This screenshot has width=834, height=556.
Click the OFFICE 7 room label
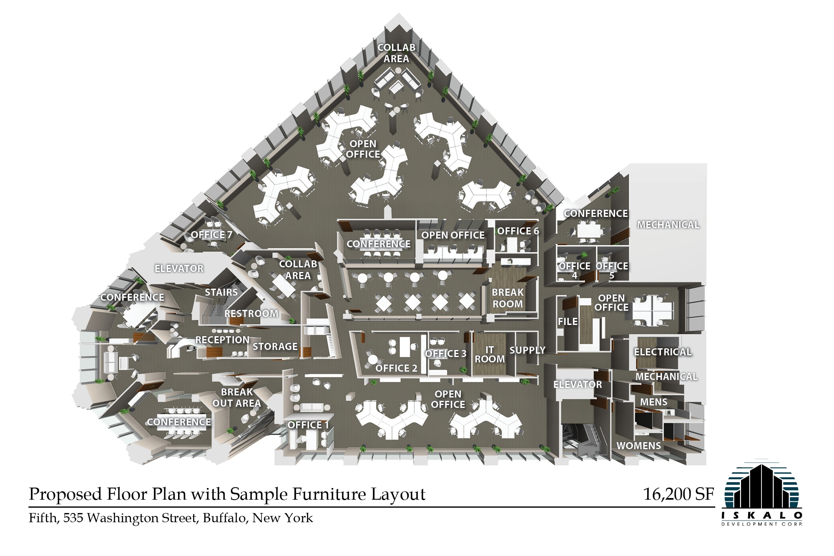pyautogui.click(x=211, y=235)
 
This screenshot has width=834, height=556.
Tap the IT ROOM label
pyautogui.click(x=490, y=355)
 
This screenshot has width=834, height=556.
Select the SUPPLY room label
pyautogui.click(x=527, y=350)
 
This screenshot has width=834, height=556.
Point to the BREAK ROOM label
pyautogui.click(x=507, y=298)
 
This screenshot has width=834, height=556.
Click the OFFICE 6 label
pyautogui.click(x=518, y=231)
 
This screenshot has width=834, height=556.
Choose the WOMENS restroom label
pyautogui.click(x=638, y=446)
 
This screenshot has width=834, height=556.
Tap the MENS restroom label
pyautogui.click(x=653, y=402)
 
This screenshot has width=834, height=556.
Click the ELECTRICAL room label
pyautogui.click(x=663, y=352)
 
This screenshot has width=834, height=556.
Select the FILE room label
pyautogui.click(x=568, y=322)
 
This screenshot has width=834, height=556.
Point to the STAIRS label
pyautogui.click(x=221, y=292)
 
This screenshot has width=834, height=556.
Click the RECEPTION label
pyautogui.click(x=222, y=340)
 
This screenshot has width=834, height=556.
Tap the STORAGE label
pyautogui.click(x=275, y=347)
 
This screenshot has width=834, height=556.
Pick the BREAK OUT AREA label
pyautogui.click(x=236, y=398)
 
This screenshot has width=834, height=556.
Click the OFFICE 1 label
pyautogui.click(x=308, y=425)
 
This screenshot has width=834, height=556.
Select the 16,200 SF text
pyautogui.click(x=678, y=494)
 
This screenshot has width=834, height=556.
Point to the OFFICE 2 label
pyautogui.click(x=396, y=368)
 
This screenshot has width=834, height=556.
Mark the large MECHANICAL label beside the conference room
pyautogui.click(x=668, y=225)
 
